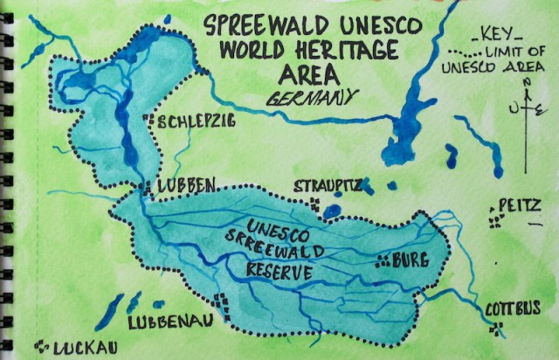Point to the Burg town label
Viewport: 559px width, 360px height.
coord(411,260)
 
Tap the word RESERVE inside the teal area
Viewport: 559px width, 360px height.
coord(279,272)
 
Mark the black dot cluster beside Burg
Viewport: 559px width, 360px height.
coord(383,259)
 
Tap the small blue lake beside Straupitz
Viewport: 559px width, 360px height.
coord(332,211)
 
